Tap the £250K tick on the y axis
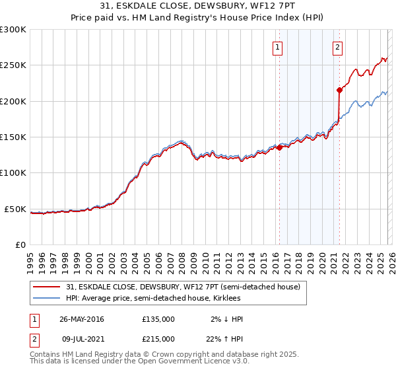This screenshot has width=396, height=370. point(13,65)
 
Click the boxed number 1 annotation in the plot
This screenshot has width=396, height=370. point(278,47)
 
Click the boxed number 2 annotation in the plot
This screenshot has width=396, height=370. point(337,47)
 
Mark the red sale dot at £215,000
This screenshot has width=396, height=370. point(339,90)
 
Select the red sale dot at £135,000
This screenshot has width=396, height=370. point(279,147)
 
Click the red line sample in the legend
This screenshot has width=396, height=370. point(47,287)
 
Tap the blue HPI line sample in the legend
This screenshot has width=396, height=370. point(47,299)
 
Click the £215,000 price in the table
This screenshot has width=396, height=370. point(158,338)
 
